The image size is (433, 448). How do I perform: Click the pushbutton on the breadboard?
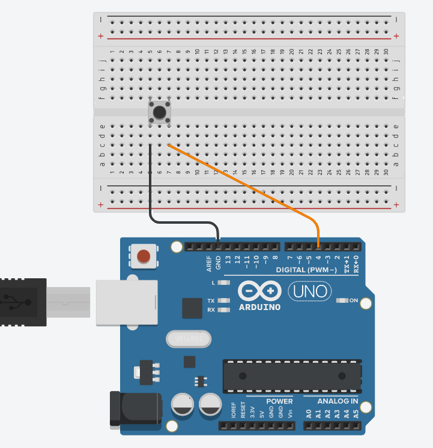[159, 112]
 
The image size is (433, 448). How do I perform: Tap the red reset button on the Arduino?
[144, 257]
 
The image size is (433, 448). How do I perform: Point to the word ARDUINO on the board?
[260, 307]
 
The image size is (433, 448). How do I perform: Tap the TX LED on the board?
[224, 300]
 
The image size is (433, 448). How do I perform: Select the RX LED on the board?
[224, 310]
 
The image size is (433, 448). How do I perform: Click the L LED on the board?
[224, 282]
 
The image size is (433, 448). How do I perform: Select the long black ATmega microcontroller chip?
[292, 375]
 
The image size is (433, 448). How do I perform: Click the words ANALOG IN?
[338, 401]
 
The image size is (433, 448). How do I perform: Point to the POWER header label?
[279, 401]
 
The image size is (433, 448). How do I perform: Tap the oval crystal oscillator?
[189, 339]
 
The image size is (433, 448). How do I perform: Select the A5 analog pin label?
[356, 413]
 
